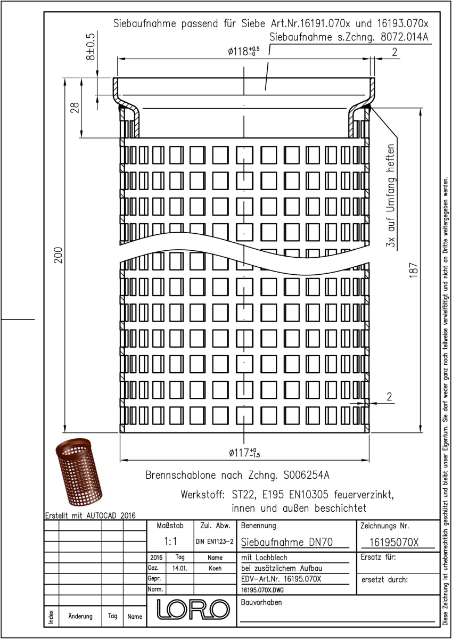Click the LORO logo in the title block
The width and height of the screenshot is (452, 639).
coord(193,609)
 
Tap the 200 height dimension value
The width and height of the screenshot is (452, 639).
coord(59,255)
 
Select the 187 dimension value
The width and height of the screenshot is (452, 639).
coord(414,270)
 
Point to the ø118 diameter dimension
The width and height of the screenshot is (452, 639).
coord(244,51)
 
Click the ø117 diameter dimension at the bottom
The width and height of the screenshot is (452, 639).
coord(244,453)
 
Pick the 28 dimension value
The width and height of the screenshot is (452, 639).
coord(75,108)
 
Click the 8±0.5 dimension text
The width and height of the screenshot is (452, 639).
coord(90,47)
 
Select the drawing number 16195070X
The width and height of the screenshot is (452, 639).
coord(394,542)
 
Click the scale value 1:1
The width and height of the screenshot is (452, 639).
coord(170,541)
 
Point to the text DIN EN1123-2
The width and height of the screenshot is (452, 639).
coord(215,542)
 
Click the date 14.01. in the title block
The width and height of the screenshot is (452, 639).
coord(179,568)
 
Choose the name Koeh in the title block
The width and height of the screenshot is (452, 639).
coord(215,568)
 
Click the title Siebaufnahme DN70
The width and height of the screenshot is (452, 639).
coord(287,542)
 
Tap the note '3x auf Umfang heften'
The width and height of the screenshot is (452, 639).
coord(391,195)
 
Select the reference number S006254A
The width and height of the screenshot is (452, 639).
coord(307,475)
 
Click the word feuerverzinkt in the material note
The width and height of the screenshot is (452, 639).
coord(364,495)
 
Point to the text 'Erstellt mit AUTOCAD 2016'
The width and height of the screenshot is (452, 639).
coord(91,515)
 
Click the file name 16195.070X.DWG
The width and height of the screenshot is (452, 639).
coord(262,590)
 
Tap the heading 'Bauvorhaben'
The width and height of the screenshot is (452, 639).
coord(261,602)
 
